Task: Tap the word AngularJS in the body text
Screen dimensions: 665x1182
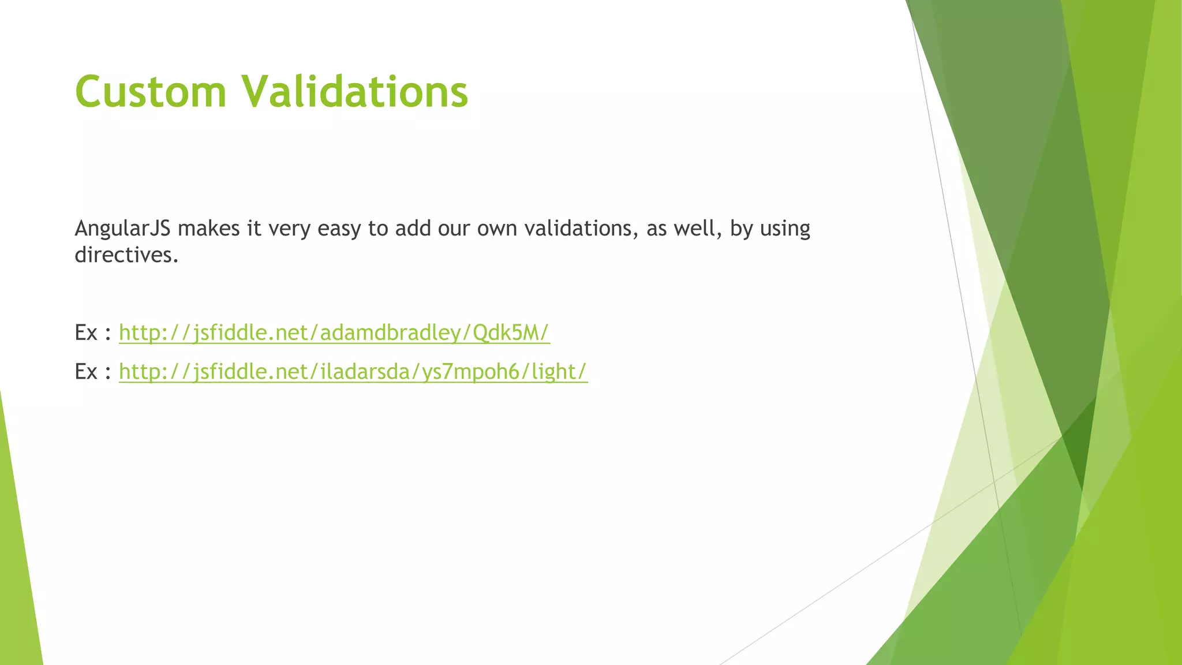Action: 122,229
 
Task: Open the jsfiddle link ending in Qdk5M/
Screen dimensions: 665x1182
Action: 334,332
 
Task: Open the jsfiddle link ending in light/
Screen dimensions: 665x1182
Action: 353,371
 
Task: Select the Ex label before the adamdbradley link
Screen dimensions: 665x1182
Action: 86,332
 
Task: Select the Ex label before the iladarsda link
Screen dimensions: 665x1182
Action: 86,371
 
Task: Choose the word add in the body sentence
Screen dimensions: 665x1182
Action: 413,229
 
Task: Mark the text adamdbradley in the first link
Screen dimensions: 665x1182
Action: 391,332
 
